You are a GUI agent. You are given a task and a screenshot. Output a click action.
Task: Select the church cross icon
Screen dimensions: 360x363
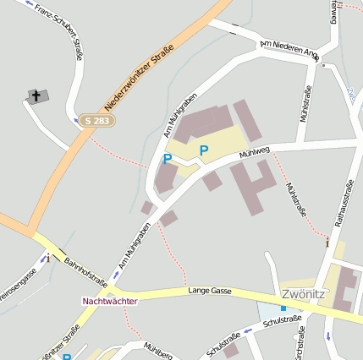[x=35, y=95]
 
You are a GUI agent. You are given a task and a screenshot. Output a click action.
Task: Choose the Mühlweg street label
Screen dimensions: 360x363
[x=254, y=153]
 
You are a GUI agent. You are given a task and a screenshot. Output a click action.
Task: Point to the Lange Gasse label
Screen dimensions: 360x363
[x=210, y=290]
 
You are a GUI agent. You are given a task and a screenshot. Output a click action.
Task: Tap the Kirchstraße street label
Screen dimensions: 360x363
[x=297, y=342]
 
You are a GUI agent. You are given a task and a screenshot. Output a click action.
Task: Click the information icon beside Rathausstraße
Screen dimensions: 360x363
[x=327, y=242]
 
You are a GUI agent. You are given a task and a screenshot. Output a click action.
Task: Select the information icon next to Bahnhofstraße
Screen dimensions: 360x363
[x=48, y=258]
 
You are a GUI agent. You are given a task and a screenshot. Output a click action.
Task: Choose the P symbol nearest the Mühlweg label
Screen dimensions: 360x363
[x=203, y=151]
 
